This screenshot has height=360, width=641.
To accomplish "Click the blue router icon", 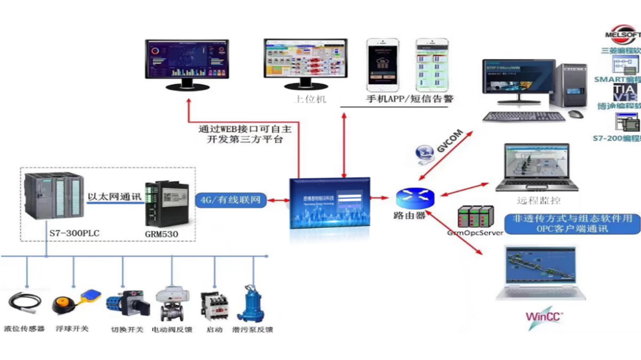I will [x=409, y=197].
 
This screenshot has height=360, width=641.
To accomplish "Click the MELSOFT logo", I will [x=622, y=35].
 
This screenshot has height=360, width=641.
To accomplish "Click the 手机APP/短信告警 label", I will [x=410, y=99].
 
